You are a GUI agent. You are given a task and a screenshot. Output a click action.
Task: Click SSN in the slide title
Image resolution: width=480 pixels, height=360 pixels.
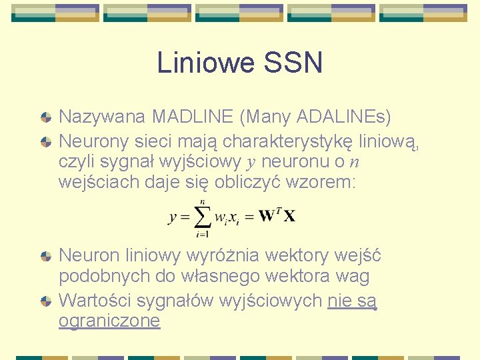pos(293,63)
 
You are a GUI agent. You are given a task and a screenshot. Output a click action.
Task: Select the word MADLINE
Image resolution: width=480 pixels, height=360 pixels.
pos(191,117)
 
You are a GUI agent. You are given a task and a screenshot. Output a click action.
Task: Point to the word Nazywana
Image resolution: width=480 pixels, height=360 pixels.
pos(102,117)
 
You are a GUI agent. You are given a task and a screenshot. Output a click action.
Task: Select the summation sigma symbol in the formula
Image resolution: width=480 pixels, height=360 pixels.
pos(201,216)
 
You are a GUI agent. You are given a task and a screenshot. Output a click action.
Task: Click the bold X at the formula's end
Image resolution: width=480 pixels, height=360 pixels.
pos(289,216)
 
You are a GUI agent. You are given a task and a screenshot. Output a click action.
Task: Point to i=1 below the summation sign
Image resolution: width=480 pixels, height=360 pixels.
pos(201,234)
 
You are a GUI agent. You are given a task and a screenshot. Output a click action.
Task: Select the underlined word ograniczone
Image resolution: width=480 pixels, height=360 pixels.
pos(109,321)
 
